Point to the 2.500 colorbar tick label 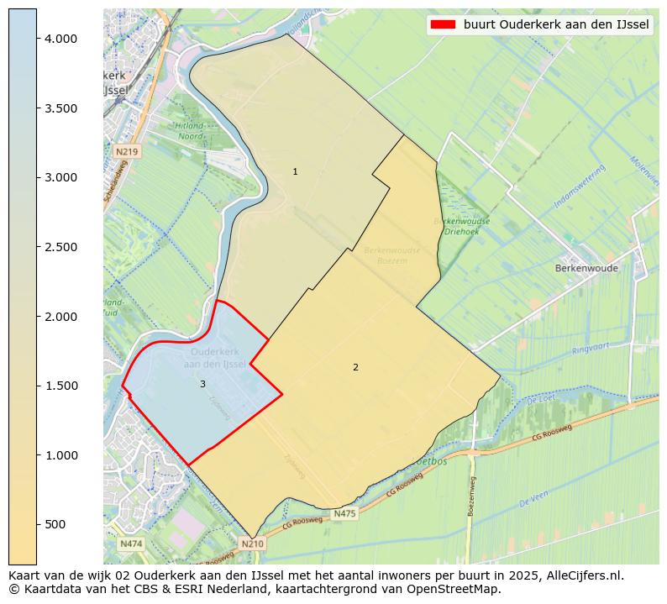click(61, 247)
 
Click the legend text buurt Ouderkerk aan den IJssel click(556, 24)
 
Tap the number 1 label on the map click(295, 171)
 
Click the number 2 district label click(355, 367)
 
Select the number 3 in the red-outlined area click(202, 384)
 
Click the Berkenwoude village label click(586, 269)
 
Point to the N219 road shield click(126, 151)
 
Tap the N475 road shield click(344, 513)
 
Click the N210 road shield click(252, 544)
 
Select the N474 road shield click(130, 544)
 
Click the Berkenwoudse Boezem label click(392, 256)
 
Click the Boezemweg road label click(473, 496)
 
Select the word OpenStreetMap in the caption click(460, 589)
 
